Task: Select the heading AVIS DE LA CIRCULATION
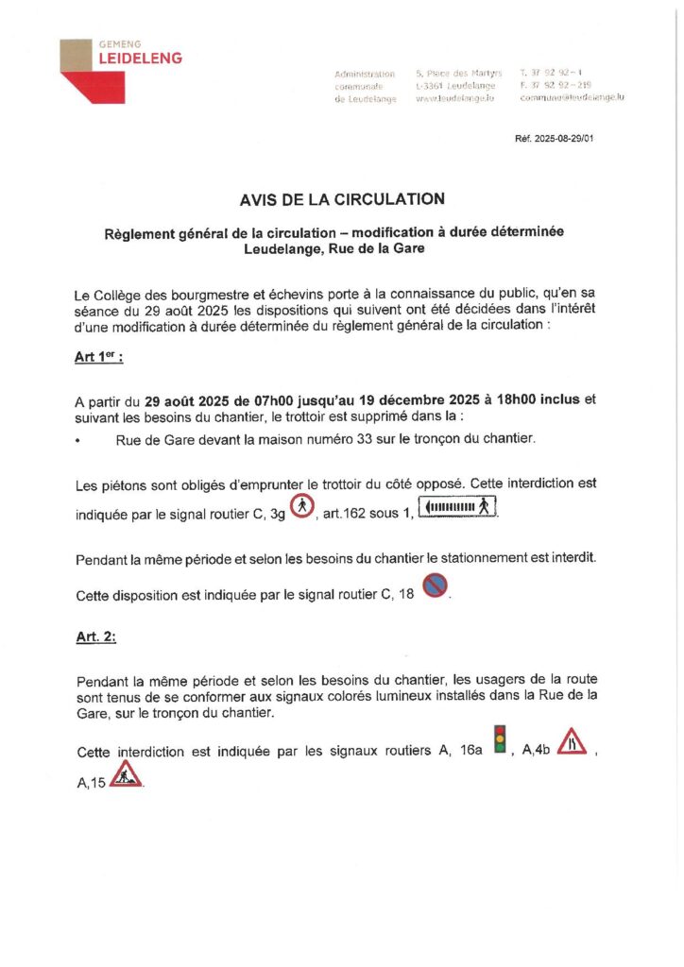pyautogui.click(x=341, y=198)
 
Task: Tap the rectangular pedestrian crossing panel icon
pyautogui.click(x=457, y=508)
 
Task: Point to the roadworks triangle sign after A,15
pyautogui.click(x=126, y=773)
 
